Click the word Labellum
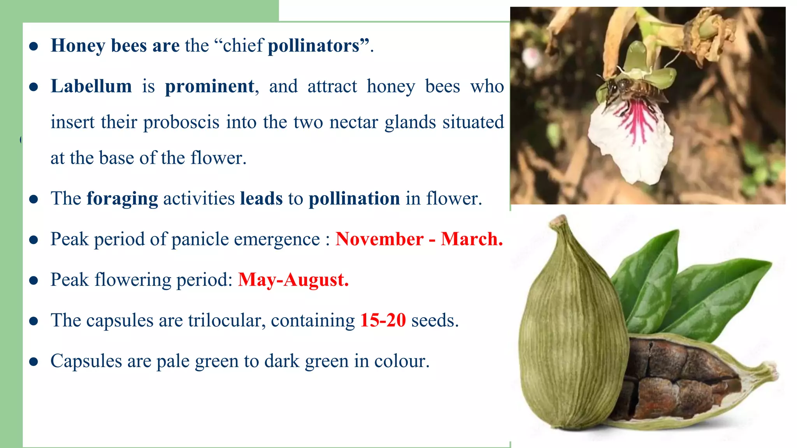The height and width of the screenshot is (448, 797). point(91,86)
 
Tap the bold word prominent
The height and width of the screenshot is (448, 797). point(210,86)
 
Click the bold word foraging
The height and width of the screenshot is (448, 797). point(122,199)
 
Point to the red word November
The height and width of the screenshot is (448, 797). point(379,239)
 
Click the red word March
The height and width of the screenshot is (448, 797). point(472,239)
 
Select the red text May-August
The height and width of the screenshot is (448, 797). point(293,280)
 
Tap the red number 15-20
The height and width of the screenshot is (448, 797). point(383,320)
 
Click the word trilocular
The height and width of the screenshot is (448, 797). point(226,320)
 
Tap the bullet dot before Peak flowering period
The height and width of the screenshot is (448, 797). point(34,280)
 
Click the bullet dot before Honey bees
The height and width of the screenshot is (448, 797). point(34,47)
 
